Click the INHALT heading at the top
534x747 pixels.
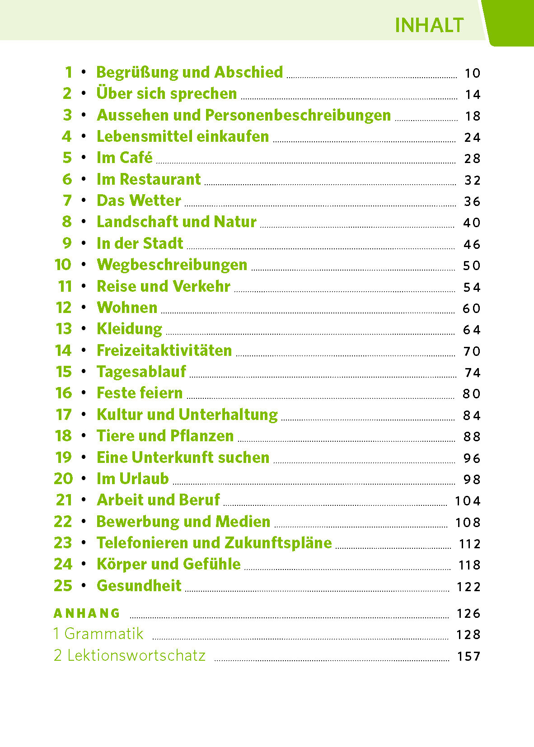tap(429, 25)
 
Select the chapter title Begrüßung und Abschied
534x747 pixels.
tap(190, 72)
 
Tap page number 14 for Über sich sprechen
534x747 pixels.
tap(472, 94)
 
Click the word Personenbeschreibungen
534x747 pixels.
tap(298, 116)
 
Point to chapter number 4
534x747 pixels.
tap(67, 136)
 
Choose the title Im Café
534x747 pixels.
tap(125, 158)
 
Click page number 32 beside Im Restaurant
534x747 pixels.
tap(472, 180)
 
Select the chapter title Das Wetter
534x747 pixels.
tap(139, 201)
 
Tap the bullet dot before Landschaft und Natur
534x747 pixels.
tap(84, 222)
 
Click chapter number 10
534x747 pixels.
tap(63, 265)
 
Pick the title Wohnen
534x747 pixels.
tap(127, 308)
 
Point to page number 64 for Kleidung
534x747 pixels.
tap(472, 330)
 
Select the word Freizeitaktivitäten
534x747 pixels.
tap(164, 350)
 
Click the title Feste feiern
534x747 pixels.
tap(140, 393)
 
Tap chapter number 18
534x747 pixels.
tap(63, 436)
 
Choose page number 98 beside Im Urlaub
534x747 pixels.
tap(472, 479)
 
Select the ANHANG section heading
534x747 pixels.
tap(87, 613)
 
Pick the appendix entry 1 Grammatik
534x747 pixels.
tap(98, 634)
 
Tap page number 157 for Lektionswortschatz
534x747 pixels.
tap(468, 656)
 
